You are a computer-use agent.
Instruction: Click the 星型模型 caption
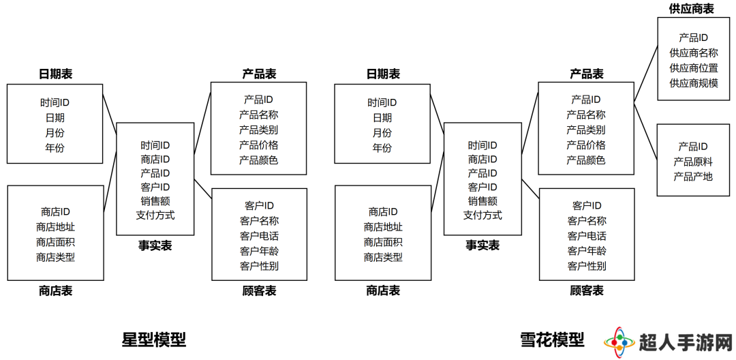click(x=154, y=340)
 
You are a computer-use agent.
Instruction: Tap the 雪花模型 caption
click(x=552, y=340)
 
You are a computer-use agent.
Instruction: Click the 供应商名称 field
click(x=693, y=53)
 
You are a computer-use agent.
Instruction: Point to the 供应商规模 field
click(x=693, y=83)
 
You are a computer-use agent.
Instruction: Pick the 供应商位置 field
click(x=693, y=68)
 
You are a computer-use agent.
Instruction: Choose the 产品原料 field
click(x=693, y=162)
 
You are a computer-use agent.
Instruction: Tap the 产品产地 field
click(x=693, y=177)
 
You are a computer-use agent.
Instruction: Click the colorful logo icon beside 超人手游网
click(x=619, y=341)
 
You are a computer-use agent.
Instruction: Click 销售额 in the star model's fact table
click(x=155, y=201)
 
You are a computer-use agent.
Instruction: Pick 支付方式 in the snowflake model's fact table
click(x=482, y=215)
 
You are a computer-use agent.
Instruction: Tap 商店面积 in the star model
click(x=55, y=242)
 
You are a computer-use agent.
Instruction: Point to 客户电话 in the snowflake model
click(x=587, y=236)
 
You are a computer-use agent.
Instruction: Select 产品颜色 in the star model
click(x=259, y=160)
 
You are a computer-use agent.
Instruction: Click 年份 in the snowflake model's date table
click(x=382, y=148)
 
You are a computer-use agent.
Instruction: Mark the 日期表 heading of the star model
click(x=55, y=74)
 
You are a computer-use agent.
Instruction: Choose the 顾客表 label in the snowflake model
click(x=587, y=291)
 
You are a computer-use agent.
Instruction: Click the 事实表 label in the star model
click(x=155, y=245)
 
